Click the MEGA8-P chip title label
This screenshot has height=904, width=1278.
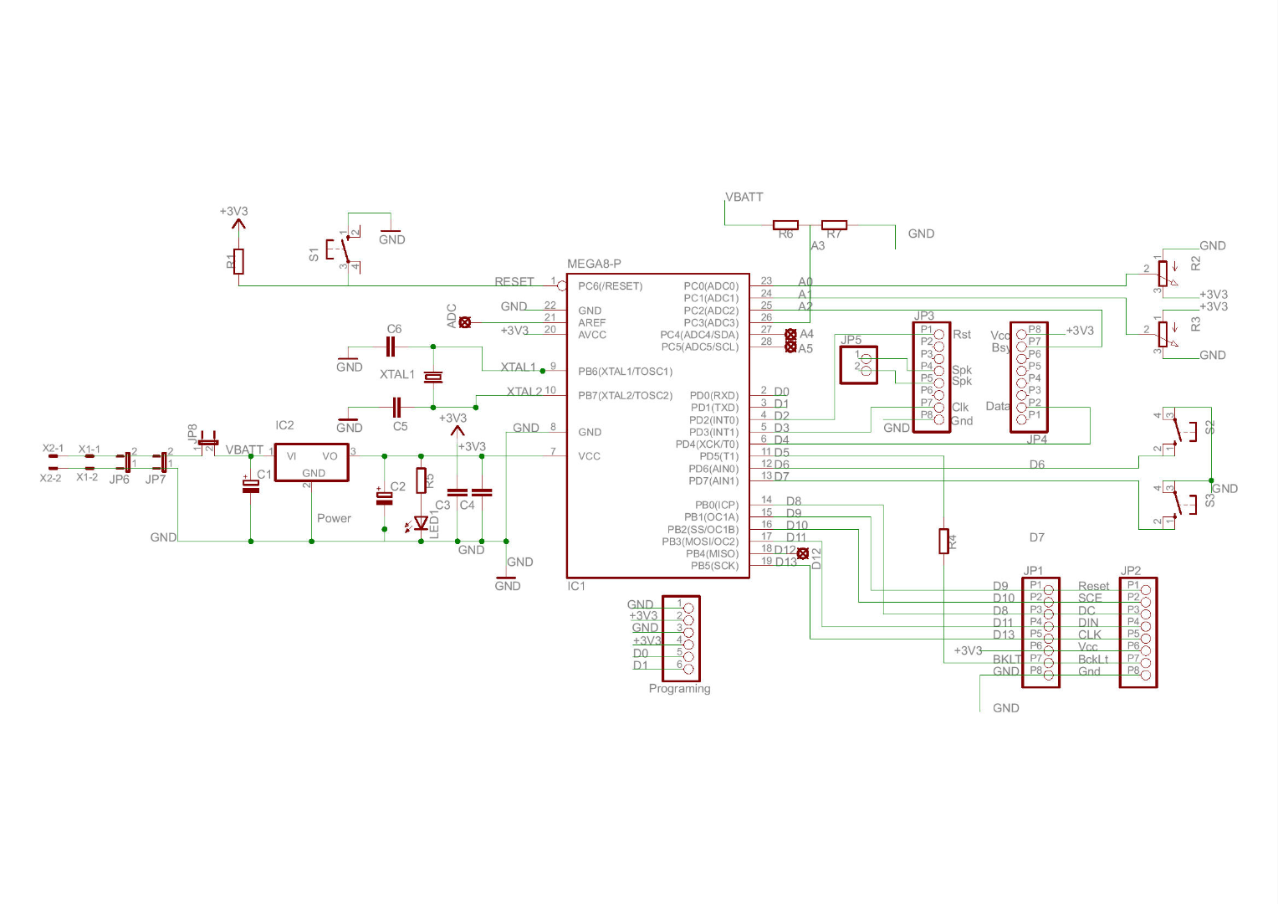[594, 264]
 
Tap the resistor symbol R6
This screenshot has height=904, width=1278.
[785, 225]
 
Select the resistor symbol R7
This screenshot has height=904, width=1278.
[834, 225]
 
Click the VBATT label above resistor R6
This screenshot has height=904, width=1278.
[744, 198]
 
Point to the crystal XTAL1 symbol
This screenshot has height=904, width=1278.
[432, 378]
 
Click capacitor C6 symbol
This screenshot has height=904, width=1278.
[391, 347]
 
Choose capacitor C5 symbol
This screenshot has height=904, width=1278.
[398, 408]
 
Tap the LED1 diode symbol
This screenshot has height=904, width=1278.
[422, 524]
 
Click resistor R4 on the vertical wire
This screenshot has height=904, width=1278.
[944, 542]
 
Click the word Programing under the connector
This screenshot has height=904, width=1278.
[679, 689]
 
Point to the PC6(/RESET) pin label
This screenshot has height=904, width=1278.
[611, 286]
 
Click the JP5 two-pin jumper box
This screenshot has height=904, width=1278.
[858, 365]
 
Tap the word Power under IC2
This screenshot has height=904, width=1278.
[334, 519]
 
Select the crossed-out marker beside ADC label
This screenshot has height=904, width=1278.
[465, 322]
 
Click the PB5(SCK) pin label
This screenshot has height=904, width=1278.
[714, 566]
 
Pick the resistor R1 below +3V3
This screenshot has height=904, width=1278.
[239, 261]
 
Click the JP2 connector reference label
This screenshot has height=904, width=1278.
[1131, 572]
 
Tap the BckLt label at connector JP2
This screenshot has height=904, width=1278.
[1092, 660]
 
